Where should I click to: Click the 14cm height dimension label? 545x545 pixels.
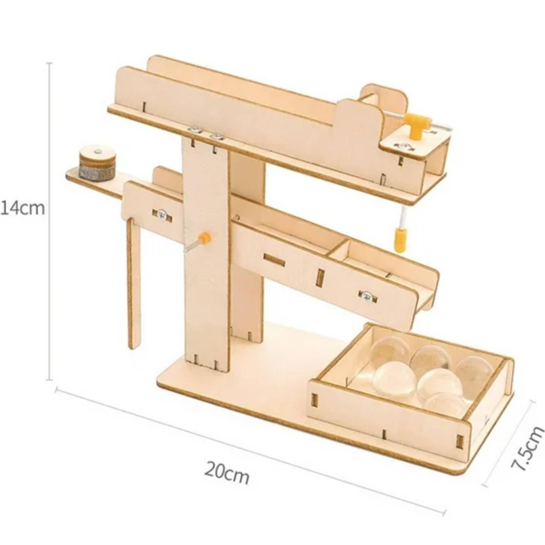(23, 208)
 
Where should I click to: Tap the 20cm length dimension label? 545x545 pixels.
(227, 473)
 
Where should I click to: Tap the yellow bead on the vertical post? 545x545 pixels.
(205, 238)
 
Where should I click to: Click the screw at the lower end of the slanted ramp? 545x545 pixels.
(368, 296)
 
